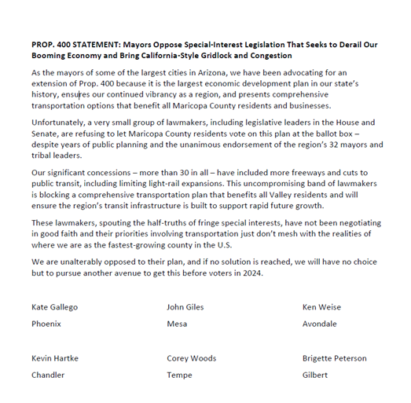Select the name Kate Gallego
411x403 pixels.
click(57, 307)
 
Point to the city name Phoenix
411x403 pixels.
click(46, 324)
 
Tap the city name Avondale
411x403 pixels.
click(320, 324)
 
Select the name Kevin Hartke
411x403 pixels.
click(55, 358)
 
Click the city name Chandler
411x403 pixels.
click(48, 376)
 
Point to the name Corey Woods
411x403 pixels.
click(192, 358)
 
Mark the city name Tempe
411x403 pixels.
click(180, 376)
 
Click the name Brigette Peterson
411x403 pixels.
click(334, 358)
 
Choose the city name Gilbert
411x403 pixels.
click(315, 376)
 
